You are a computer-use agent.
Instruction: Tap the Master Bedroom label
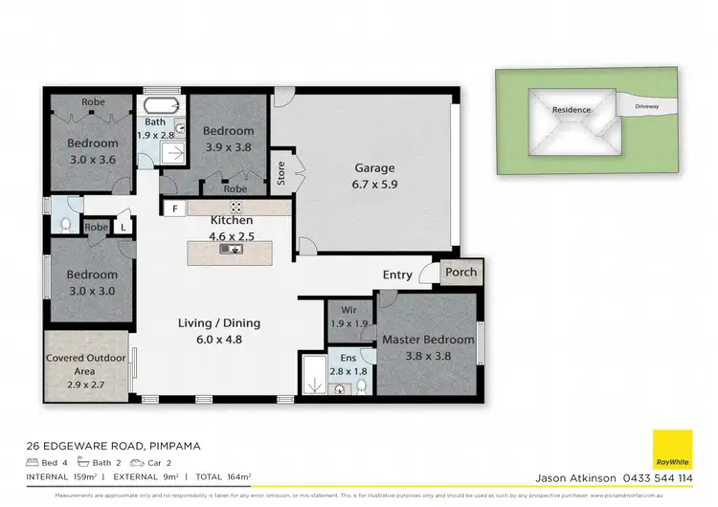pos(428,340)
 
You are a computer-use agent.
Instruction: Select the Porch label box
pos(460,273)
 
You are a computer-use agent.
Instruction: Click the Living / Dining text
pos(219,323)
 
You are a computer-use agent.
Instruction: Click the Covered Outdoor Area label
pos(84,364)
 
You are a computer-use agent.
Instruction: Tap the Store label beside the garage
pos(280,174)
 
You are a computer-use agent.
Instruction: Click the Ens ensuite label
pos(348,358)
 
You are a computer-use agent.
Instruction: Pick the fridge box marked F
pos(174,209)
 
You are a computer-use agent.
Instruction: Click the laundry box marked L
pos(123,227)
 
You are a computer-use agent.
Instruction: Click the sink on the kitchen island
pos(231,250)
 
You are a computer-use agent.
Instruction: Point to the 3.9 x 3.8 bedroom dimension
pos(230,147)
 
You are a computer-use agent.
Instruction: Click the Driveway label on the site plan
pos(653,106)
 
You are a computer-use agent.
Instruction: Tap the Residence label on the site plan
pos(572,110)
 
